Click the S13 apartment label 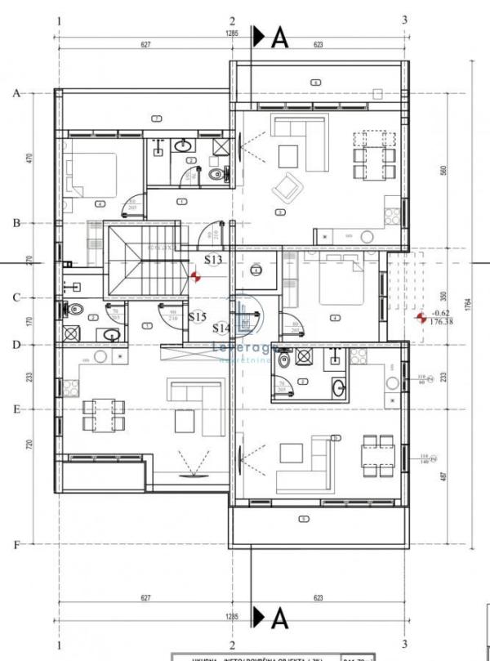pyautogui.click(x=213, y=260)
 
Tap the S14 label pyautogui.click(x=220, y=328)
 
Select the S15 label pyautogui.click(x=197, y=316)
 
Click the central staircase pyautogui.click(x=136, y=261)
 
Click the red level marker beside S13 pyautogui.click(x=195, y=276)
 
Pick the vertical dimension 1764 pyautogui.click(x=467, y=304)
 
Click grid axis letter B pyautogui.click(x=16, y=223)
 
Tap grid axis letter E pyautogui.click(x=16, y=409)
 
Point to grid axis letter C pyautogui.click(x=16, y=297)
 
